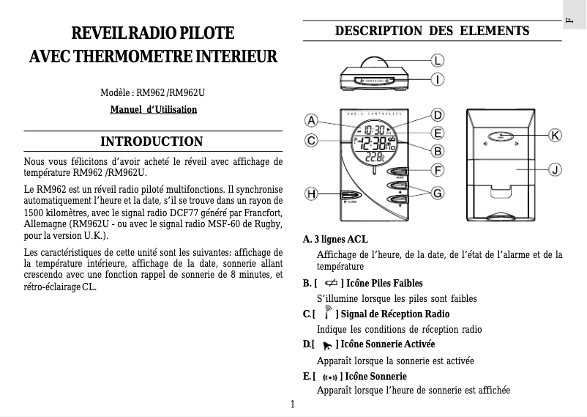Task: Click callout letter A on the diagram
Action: pos(311,120)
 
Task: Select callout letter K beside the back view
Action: pos(556,136)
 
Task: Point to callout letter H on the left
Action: pos(311,194)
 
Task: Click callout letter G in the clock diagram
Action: pos(437,193)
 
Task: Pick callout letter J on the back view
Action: pos(556,169)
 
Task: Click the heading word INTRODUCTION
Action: pos(152,141)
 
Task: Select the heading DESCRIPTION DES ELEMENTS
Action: pos(432,32)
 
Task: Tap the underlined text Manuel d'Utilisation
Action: pos(153,110)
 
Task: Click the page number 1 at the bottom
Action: pos(293,404)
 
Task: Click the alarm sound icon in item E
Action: pos(329,377)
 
